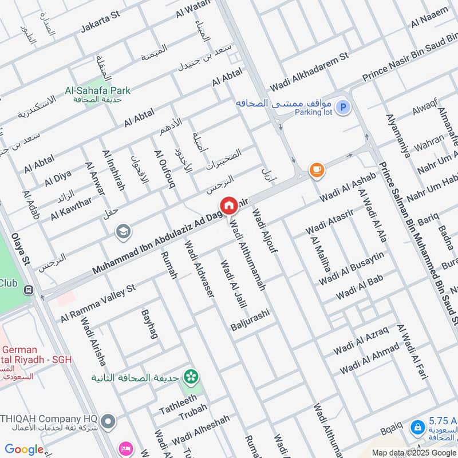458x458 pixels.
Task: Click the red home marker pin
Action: click(228, 206)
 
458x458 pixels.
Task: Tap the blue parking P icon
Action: click(342, 107)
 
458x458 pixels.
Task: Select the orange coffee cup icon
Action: click(316, 170)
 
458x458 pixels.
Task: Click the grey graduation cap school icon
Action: click(123, 232)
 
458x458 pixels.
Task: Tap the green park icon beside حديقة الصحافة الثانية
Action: click(190, 377)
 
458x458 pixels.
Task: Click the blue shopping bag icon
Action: click(418, 427)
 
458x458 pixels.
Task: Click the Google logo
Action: click(24, 449)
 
